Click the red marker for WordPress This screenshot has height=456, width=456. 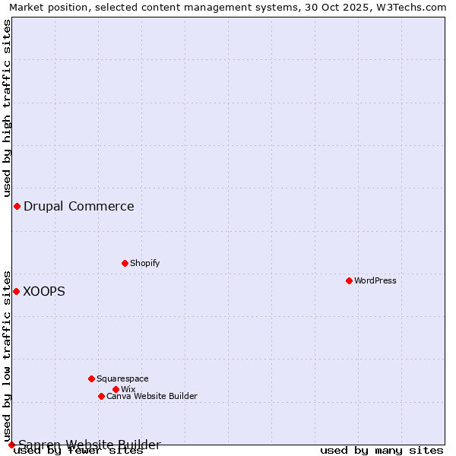(349, 280)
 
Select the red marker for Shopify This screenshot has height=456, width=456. (125, 263)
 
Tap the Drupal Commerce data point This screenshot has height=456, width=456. (17, 206)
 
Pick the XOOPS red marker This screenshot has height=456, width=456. (16, 291)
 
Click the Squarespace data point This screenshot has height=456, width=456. (91, 378)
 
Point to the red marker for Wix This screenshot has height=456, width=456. (116, 389)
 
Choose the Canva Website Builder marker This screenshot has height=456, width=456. (101, 396)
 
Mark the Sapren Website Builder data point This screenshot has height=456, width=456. (11, 445)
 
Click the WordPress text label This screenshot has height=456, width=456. (375, 280)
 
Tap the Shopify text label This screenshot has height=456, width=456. (145, 263)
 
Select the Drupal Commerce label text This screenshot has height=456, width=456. (79, 206)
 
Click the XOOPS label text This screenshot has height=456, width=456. (44, 291)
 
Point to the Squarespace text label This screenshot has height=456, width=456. (122, 378)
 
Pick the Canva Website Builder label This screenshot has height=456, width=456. (152, 396)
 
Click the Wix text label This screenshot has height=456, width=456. (128, 389)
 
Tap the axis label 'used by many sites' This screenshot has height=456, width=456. (382, 450)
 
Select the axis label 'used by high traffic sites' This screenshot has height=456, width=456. (8, 108)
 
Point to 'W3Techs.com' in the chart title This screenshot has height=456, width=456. (413, 7)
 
